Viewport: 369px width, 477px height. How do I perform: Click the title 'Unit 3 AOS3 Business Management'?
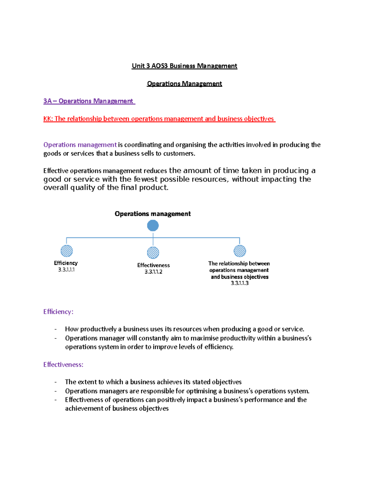click(x=184, y=66)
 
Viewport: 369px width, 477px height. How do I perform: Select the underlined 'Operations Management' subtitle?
click(x=184, y=84)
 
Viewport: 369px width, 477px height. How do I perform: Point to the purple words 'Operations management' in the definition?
click(x=80, y=145)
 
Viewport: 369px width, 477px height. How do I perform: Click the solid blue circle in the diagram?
click(x=153, y=226)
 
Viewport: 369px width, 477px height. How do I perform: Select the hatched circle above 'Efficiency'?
click(x=67, y=251)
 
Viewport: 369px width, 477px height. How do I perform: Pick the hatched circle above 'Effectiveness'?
click(x=153, y=253)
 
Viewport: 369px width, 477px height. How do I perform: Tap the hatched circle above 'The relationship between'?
click(x=240, y=251)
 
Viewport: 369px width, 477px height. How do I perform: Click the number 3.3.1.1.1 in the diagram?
click(x=66, y=270)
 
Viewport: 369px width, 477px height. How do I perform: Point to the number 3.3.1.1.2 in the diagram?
click(x=153, y=272)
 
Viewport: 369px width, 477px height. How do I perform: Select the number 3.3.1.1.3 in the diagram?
click(x=240, y=283)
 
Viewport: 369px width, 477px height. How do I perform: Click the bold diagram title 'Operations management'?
click(x=153, y=214)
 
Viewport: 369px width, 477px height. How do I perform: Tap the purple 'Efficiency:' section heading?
click(x=58, y=312)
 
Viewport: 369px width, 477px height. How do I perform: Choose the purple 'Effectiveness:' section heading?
click(x=63, y=365)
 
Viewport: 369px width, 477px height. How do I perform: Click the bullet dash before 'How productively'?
click(x=56, y=329)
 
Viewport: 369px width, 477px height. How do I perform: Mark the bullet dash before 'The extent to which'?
click(x=56, y=382)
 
